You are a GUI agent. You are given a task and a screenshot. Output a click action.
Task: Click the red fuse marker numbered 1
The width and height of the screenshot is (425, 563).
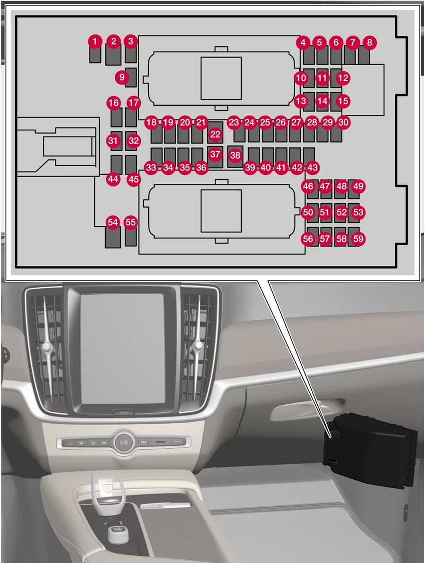coord(95,42)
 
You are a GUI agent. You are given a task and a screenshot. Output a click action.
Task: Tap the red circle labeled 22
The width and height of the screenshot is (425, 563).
coord(215,135)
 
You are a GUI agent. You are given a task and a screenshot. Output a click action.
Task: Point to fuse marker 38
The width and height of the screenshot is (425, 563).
coord(235,154)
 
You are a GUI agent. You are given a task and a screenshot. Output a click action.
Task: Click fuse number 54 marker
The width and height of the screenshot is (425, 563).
coord(112,222)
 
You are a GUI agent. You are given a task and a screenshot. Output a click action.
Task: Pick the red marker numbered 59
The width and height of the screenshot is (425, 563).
coord(358,239)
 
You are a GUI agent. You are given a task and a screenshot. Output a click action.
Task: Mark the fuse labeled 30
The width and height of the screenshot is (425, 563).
coord(344,122)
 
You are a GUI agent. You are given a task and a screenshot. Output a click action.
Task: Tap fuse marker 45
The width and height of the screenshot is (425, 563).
coord(134,179)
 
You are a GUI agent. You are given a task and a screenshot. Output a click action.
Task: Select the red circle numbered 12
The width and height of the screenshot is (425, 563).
coord(343,77)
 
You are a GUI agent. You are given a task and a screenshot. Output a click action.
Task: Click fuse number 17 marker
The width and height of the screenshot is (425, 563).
coord(134,102)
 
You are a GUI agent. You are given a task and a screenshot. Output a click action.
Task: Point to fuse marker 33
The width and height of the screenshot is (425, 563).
coord(151,167)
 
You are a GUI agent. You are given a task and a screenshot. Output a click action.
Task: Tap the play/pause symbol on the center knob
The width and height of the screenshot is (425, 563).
coord(124,443)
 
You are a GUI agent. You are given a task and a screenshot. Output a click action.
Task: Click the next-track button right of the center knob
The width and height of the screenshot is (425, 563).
coord(144,443)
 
